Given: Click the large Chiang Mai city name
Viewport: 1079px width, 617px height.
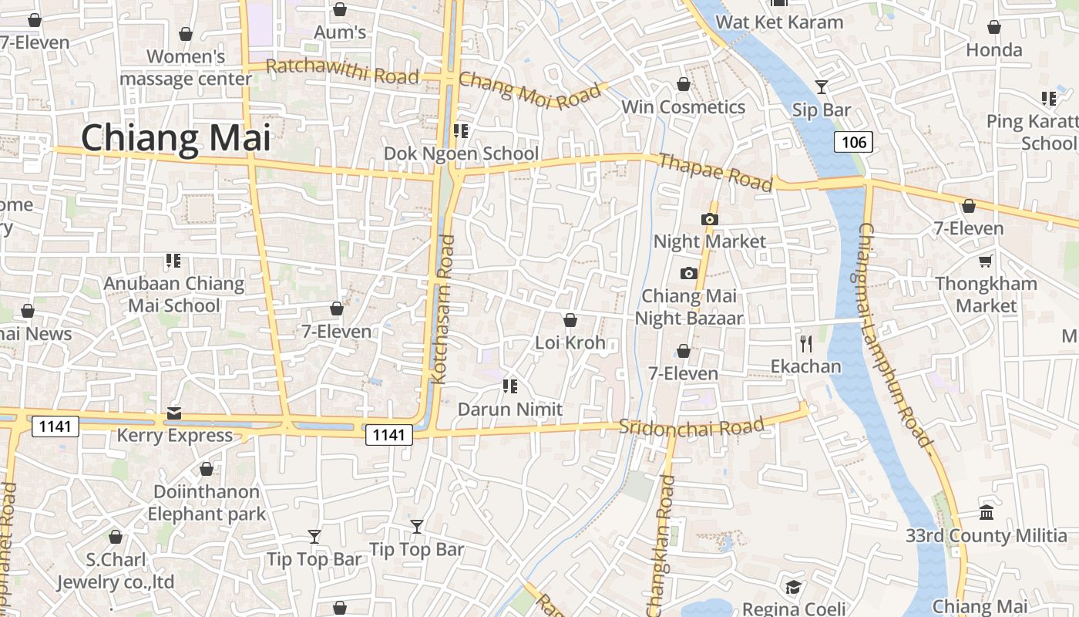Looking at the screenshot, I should pos(176,139).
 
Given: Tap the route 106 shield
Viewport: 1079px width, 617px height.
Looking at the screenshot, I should pos(853,142).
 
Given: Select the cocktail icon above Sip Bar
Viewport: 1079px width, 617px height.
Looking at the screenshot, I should pos(822,86).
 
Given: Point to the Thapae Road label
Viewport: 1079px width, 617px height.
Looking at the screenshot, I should pos(715,172).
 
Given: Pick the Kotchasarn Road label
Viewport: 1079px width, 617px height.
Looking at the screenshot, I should pos(445,308).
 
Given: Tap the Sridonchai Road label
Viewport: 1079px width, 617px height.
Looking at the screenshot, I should pos(691,427).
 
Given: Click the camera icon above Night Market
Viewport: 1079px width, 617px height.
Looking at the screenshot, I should pos(710,219).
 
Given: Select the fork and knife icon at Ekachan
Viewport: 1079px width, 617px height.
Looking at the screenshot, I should pos(806,343).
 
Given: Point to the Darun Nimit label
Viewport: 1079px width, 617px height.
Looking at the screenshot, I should pos(510,410).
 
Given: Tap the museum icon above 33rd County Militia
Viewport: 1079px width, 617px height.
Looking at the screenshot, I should pos(987,513).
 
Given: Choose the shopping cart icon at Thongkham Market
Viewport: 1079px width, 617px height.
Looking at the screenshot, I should pos(986,261).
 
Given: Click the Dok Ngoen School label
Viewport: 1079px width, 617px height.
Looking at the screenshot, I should pos(461,153).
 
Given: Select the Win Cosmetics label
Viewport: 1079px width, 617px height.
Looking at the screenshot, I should pos(683,107).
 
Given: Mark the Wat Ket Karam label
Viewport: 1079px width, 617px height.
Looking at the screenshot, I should pos(779,22).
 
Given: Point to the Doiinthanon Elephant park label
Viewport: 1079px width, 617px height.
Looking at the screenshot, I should pos(207,503).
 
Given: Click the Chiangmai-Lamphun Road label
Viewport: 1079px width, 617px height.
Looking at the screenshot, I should pos(896,335).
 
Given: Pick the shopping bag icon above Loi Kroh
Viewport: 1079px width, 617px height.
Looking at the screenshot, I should pos(570,320).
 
